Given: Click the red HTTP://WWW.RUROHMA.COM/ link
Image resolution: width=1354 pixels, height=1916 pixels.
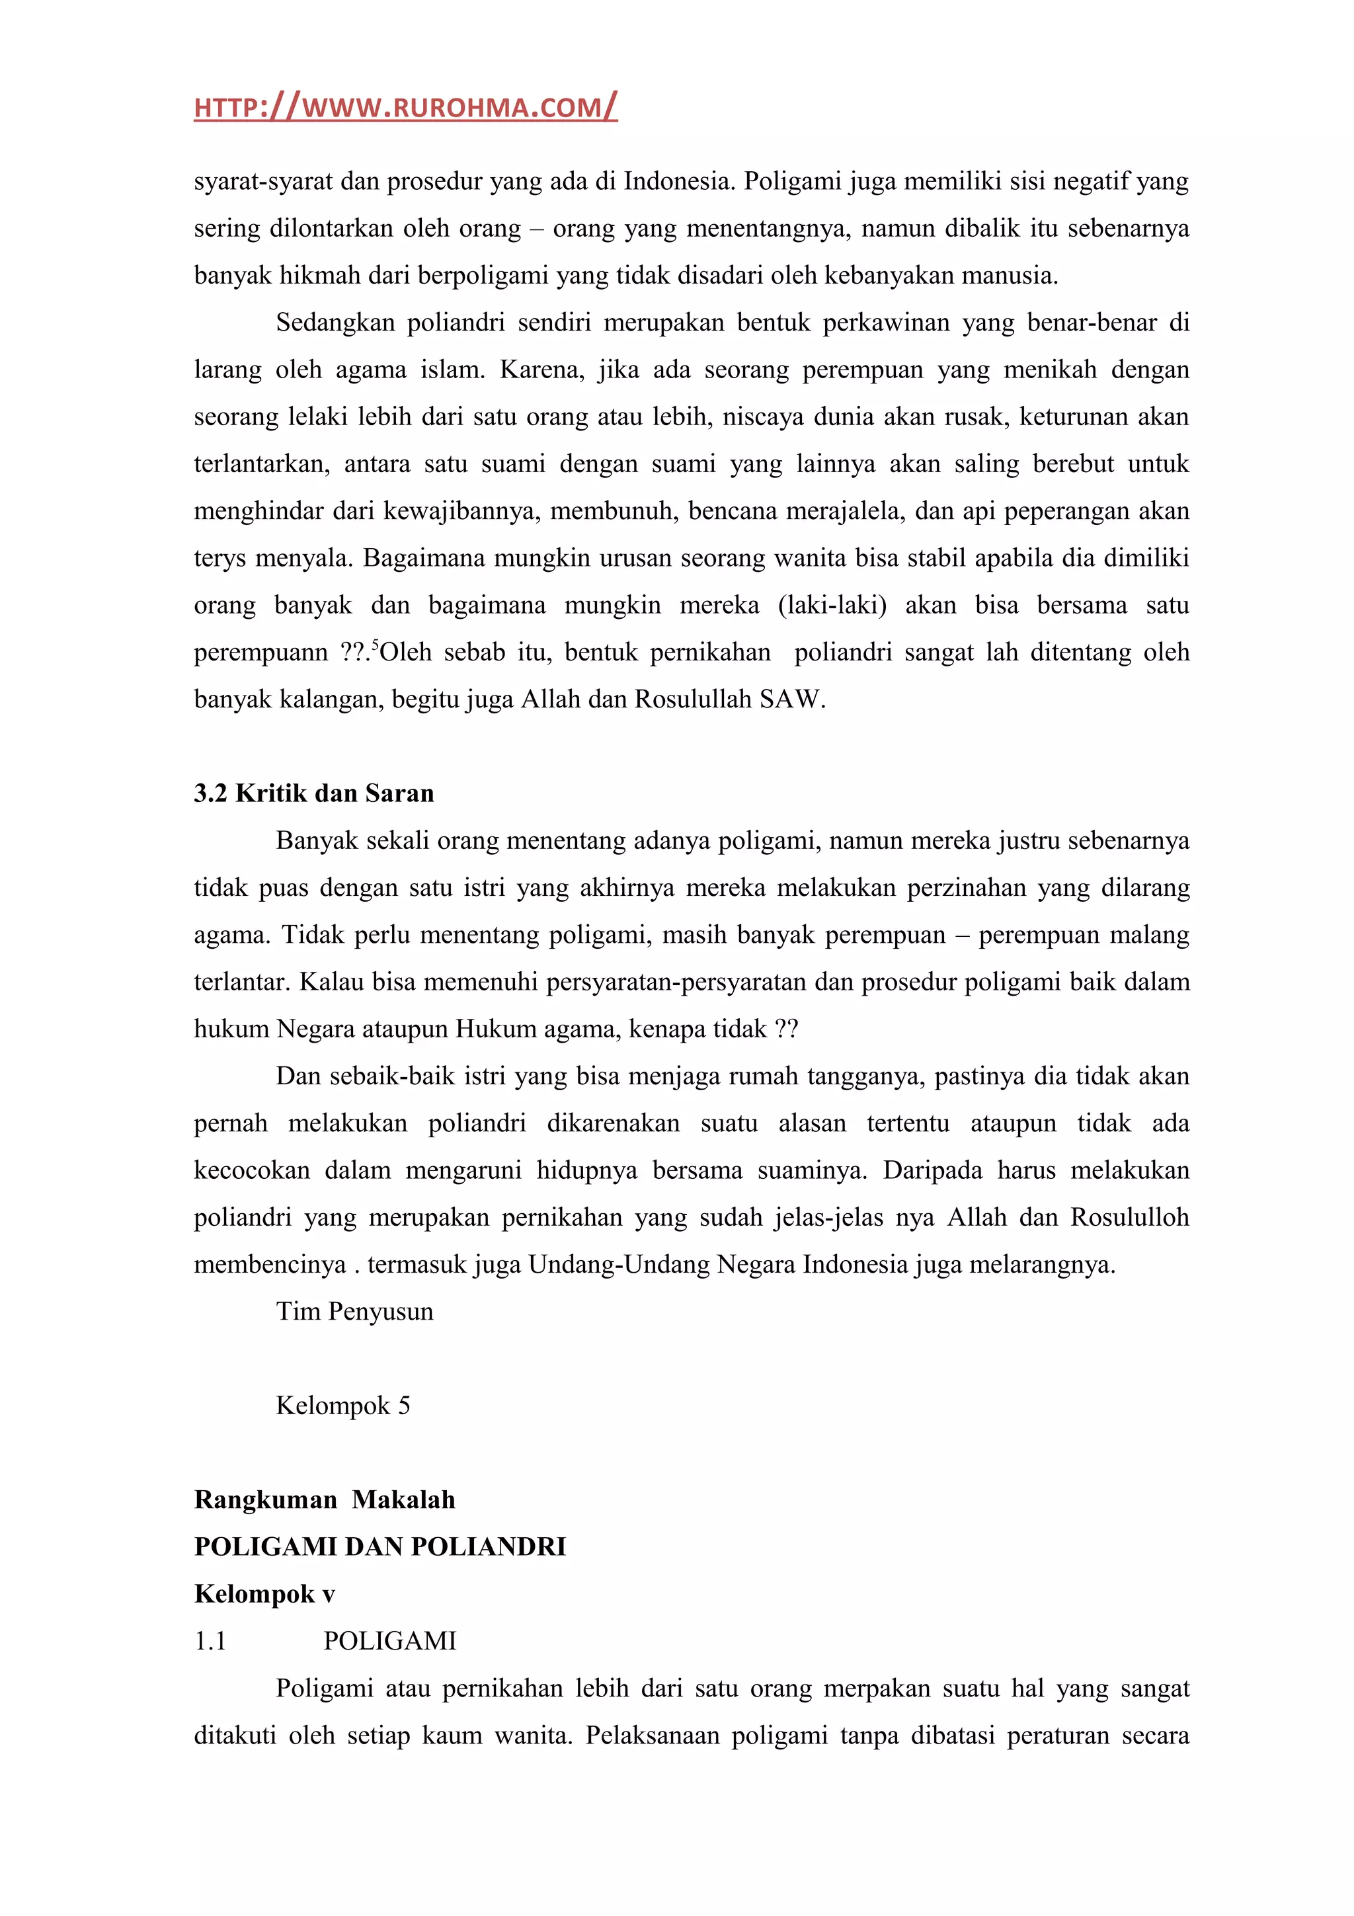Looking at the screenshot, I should coord(405,108).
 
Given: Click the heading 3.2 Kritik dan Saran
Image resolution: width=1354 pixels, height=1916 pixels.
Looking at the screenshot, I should coord(313,793).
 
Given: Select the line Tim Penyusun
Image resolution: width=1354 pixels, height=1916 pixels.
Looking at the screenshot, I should coord(354,1311).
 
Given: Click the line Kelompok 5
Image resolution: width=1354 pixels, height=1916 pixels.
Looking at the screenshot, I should coord(343,1406).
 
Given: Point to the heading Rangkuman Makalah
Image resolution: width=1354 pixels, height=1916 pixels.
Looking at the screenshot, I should coord(325,1499).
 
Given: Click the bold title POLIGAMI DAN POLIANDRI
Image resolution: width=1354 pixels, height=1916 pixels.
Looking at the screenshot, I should coord(379,1546).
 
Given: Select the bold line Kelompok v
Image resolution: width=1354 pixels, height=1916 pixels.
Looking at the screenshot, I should coord(264,1594).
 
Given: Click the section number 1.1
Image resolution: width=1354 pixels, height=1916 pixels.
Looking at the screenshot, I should coord(210,1640).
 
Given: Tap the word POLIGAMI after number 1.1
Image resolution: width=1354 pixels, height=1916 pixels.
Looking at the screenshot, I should coord(389,1640).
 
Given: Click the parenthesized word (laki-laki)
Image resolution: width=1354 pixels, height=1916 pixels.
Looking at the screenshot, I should coord(832,605).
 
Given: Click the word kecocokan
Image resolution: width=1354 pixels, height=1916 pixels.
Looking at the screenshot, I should coord(252,1170).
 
